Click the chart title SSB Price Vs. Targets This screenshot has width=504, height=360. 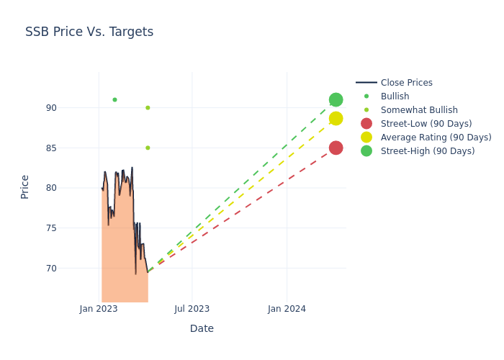tap(89, 32)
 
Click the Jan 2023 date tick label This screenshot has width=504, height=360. tap(99, 309)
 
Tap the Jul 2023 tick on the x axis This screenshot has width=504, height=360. tap(192, 309)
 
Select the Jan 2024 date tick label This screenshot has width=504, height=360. tap(287, 309)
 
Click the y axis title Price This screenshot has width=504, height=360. tap(25, 186)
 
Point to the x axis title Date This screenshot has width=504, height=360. tap(202, 328)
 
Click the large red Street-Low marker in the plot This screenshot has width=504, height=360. tap(336, 148)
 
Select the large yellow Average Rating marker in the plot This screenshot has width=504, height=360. tap(336, 118)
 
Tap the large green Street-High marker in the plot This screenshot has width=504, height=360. tap(336, 99)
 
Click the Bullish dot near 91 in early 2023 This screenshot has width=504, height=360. tap(114, 99)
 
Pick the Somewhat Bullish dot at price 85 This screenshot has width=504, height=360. tap(148, 148)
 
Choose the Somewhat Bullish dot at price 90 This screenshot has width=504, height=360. tap(148, 108)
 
